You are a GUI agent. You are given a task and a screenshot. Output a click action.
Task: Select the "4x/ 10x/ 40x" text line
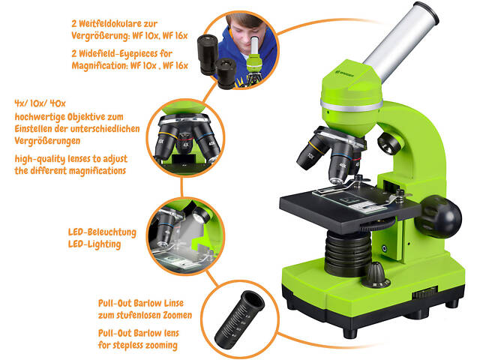tap(40, 103)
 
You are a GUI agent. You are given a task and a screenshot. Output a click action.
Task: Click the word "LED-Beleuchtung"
tap(102, 232)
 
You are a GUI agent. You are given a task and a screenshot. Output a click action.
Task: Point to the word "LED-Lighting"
tap(94, 244)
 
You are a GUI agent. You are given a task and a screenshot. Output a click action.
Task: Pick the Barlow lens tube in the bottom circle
tap(239, 318)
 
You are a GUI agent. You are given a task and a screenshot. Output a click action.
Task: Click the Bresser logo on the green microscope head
tap(344, 73)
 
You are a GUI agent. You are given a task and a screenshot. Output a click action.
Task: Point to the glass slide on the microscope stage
tap(348, 199)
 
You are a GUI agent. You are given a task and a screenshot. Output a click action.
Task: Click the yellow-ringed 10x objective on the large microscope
tap(310, 153)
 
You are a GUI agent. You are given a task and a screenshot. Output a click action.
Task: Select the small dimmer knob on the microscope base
tap(376, 275)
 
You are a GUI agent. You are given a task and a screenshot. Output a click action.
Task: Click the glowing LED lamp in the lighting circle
tap(199, 215)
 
